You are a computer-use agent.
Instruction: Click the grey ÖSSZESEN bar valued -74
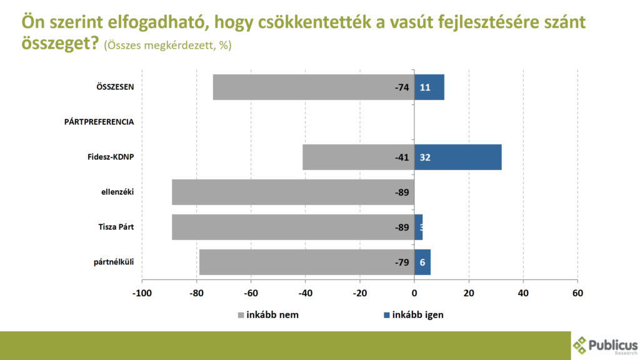(x=312, y=87)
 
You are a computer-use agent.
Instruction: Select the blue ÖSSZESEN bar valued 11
(x=429, y=87)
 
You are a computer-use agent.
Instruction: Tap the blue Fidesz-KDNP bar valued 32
(x=457, y=157)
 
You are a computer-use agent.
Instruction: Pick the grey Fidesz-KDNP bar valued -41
(x=357, y=157)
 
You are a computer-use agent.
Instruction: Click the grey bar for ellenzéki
(x=292, y=192)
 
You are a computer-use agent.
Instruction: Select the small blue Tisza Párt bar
(x=419, y=227)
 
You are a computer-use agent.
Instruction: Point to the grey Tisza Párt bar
(x=292, y=227)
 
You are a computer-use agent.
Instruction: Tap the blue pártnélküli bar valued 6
(x=422, y=262)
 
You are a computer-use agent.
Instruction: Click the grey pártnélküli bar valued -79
(x=306, y=262)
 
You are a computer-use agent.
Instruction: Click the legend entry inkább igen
(x=413, y=315)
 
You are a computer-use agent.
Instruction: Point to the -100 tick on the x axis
(x=142, y=294)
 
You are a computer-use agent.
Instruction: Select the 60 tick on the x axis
(x=577, y=294)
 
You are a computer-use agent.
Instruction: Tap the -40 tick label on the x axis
(x=305, y=294)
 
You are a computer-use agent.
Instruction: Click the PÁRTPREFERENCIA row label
(x=99, y=122)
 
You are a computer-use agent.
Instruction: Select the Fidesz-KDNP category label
(x=111, y=157)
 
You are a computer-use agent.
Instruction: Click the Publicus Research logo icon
(x=580, y=344)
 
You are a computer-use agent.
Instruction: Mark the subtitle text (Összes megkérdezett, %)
(x=167, y=46)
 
